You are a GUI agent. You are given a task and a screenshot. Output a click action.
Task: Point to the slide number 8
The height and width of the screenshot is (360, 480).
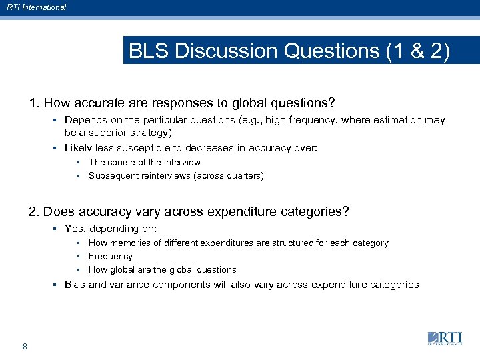tap(25, 346)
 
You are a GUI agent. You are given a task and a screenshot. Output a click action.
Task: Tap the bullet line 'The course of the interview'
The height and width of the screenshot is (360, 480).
tap(144, 162)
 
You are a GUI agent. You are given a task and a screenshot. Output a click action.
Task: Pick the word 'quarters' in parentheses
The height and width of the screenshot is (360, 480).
tap(243, 176)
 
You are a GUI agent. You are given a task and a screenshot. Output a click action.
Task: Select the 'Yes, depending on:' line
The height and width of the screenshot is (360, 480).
tap(110, 229)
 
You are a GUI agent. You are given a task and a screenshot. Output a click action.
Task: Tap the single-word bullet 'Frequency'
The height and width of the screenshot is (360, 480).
tap(111, 256)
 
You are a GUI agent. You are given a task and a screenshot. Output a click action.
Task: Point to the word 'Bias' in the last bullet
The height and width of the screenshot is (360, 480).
tap(74, 285)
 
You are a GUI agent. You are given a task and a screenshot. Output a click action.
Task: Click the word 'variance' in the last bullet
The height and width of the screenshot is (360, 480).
tap(127, 285)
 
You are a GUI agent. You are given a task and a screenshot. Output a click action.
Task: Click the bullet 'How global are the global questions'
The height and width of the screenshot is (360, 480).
tap(162, 269)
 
